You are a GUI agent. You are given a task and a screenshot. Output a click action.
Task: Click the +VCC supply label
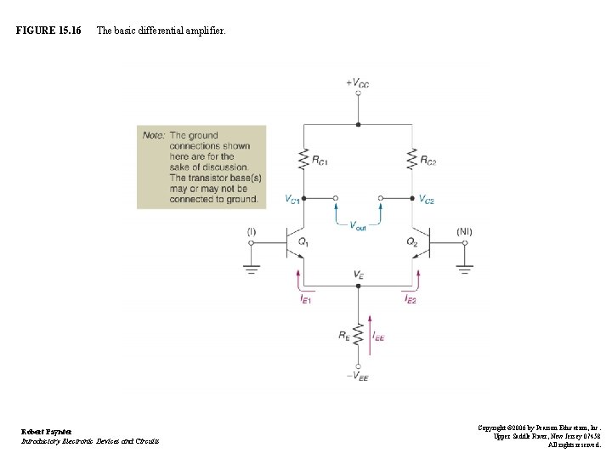(357, 83)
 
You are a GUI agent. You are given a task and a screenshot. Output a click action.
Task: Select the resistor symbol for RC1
(303, 158)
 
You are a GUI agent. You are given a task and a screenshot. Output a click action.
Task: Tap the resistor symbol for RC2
(413, 158)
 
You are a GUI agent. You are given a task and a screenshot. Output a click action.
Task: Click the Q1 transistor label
(303, 242)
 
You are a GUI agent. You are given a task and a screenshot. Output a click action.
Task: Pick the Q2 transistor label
(412, 242)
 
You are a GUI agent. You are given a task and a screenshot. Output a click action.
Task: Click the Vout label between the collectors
(358, 225)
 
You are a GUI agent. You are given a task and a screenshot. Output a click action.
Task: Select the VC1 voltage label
(292, 200)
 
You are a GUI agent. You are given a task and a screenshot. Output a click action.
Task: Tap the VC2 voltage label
(426, 200)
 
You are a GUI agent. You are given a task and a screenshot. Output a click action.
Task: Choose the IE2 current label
(411, 298)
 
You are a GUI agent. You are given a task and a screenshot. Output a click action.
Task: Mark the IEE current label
(378, 337)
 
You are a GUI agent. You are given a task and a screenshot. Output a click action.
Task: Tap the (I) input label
(251, 231)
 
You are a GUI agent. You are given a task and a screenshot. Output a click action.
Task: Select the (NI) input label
(464, 231)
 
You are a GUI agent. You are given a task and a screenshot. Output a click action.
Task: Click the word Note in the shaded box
(154, 135)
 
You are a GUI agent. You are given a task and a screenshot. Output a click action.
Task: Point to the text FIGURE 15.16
(48, 31)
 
